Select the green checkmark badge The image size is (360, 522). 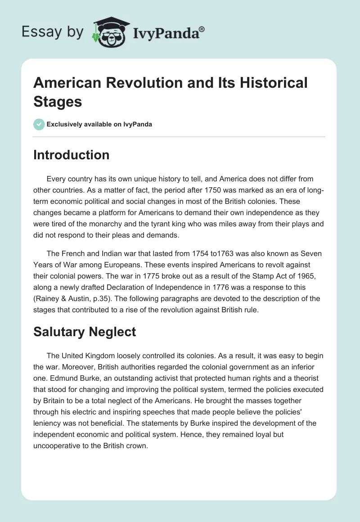pyautogui.click(x=39, y=124)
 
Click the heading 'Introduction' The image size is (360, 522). pyautogui.click(x=72, y=155)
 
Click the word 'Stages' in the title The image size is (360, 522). pyautogui.click(x=58, y=101)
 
